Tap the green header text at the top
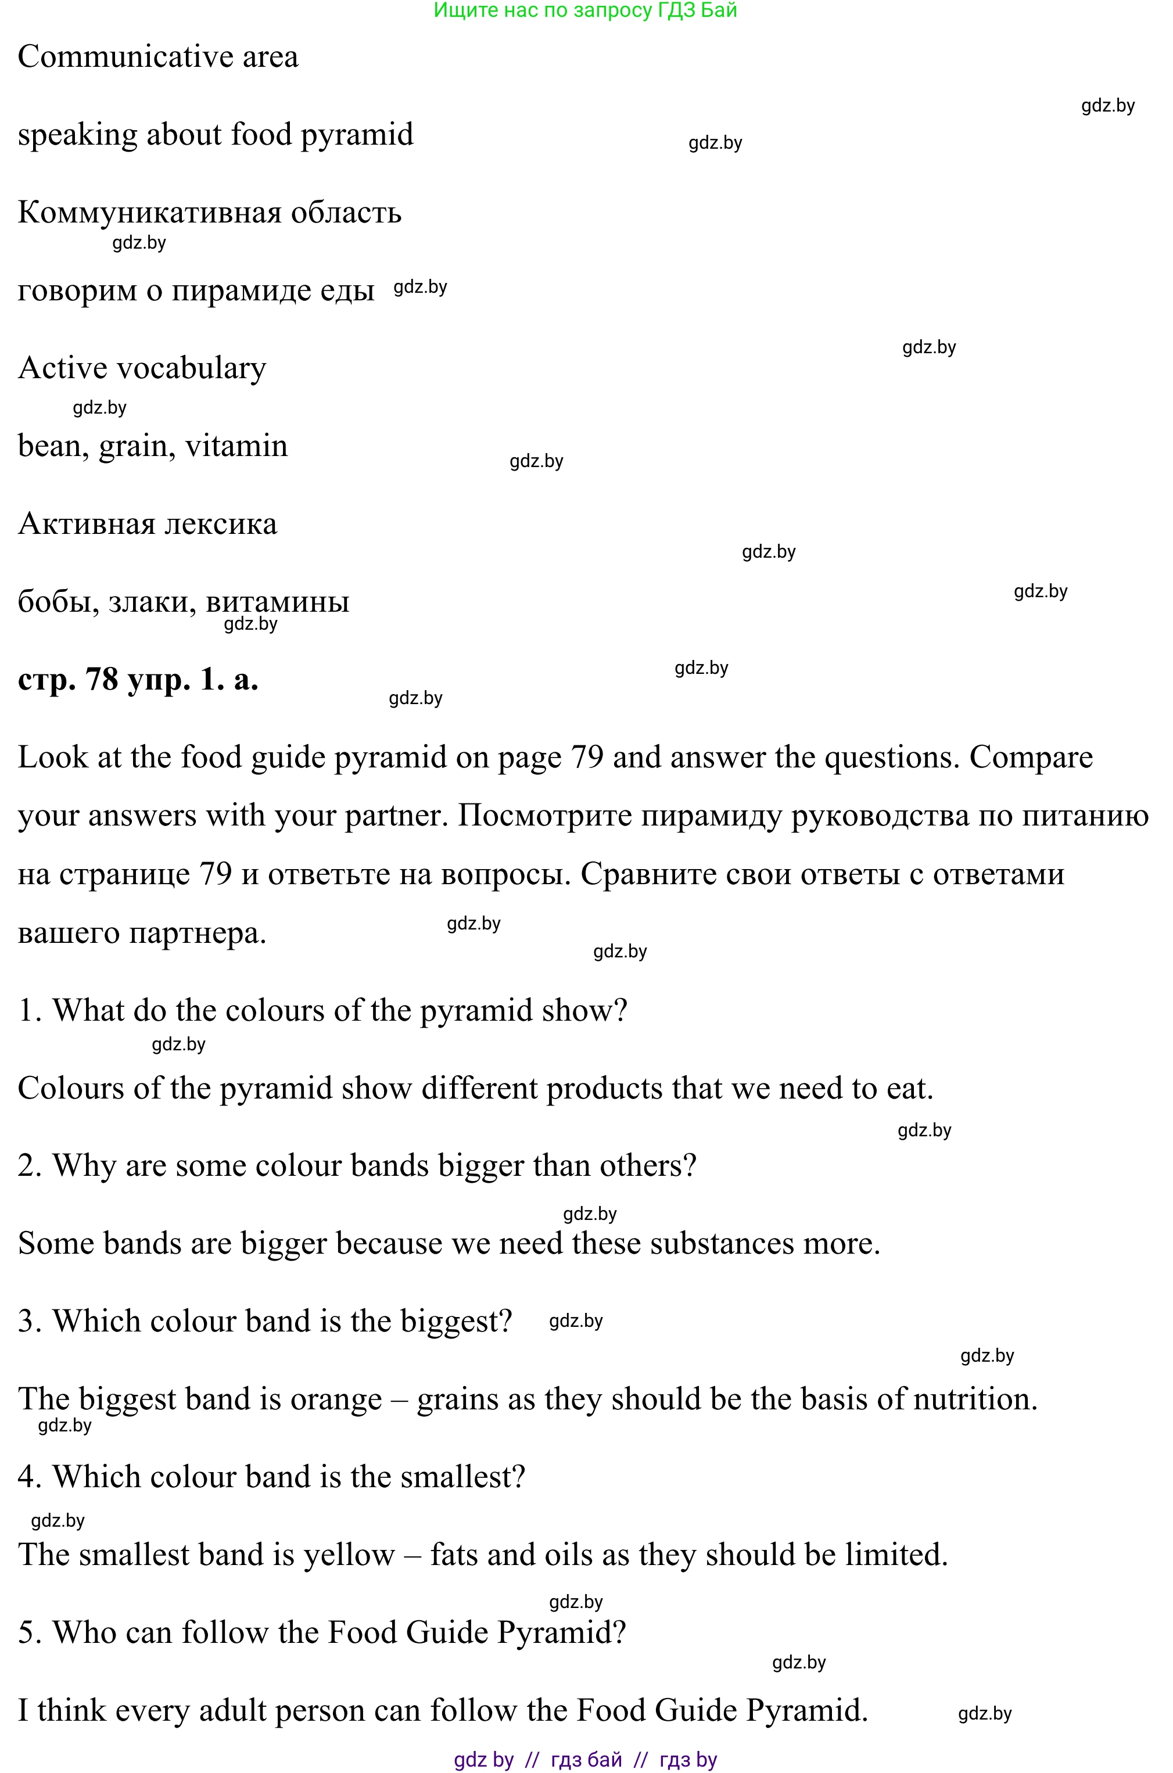point(585,10)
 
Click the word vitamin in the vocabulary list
point(236,446)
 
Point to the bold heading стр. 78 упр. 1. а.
point(138,680)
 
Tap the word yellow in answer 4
point(349,1555)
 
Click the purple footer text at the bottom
point(585,1760)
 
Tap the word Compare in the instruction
point(1031,758)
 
